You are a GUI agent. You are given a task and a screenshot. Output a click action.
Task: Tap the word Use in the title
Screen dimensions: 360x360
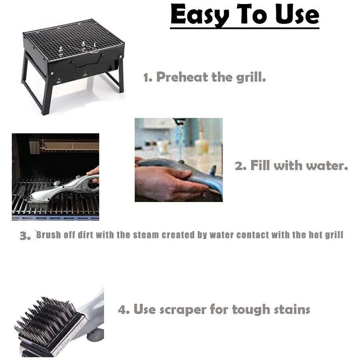(295, 15)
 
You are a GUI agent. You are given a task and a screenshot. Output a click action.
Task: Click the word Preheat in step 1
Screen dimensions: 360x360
(181, 77)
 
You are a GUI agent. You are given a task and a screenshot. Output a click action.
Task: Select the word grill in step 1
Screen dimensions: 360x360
(250, 77)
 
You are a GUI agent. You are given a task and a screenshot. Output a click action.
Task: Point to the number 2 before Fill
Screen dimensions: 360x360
(240, 166)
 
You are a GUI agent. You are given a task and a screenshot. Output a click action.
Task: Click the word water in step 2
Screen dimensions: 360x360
(327, 166)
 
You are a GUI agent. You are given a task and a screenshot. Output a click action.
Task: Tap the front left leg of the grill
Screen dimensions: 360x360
(46, 97)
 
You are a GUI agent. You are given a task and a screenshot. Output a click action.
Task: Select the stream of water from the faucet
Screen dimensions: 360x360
(181, 139)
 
